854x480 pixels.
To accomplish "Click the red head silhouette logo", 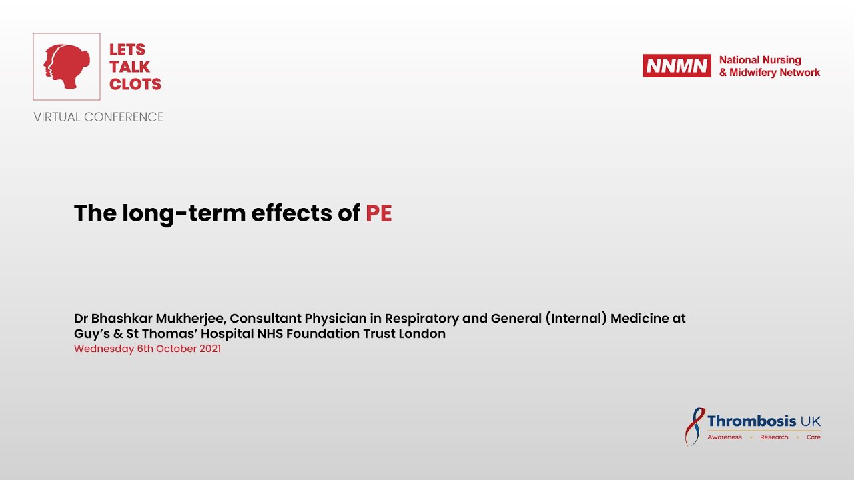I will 67,67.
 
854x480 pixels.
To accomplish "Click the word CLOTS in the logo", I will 135,84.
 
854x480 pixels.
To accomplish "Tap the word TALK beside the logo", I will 130,67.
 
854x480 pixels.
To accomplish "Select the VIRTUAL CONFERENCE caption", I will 99,117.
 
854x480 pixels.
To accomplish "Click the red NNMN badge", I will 677,65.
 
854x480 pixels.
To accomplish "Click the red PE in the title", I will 379,213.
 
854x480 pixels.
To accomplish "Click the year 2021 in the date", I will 209,349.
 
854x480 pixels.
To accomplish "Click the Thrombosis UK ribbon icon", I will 695,426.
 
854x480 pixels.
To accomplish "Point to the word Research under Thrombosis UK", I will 774,437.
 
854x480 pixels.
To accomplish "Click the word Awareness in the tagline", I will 725,437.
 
